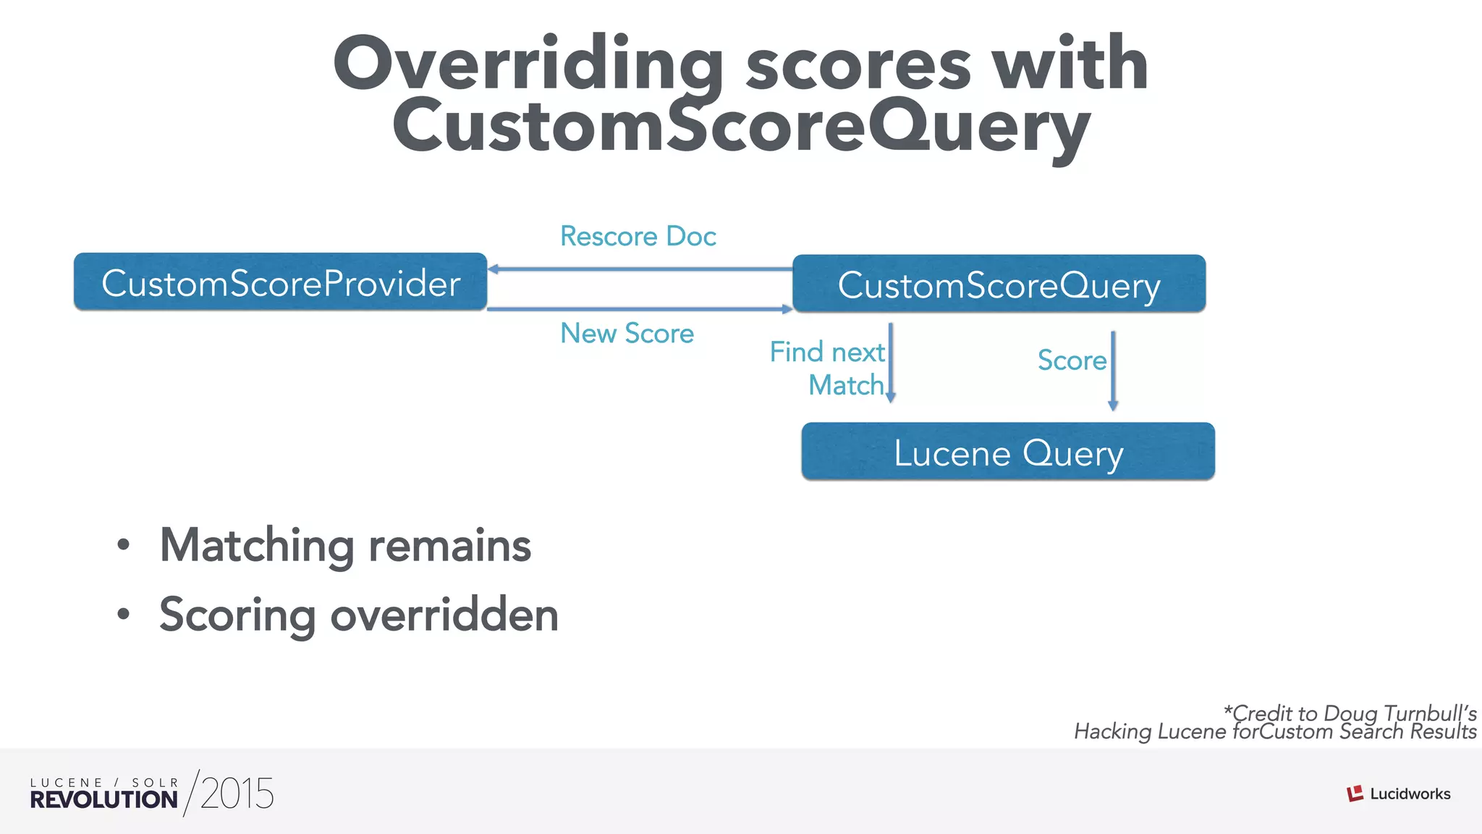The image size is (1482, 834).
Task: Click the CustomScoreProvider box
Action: point(280,282)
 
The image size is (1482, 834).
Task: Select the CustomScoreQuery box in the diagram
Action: point(999,284)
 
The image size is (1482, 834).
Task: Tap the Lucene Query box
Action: point(1008,452)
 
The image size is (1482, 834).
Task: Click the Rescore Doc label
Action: point(638,236)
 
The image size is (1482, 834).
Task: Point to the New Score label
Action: point(627,333)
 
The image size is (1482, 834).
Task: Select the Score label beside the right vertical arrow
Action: point(1072,360)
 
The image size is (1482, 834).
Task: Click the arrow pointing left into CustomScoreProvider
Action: point(640,269)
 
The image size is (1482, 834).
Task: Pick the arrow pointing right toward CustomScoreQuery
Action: point(640,309)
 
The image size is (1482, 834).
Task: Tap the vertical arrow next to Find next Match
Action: point(891,362)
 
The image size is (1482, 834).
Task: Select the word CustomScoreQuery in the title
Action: point(741,127)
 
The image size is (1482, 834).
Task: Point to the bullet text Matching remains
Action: point(345,545)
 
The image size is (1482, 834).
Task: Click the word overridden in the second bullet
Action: point(444,615)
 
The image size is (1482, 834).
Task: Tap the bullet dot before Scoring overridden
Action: point(124,615)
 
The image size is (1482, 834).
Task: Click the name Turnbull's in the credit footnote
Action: point(1430,713)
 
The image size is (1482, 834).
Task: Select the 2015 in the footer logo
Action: point(237,793)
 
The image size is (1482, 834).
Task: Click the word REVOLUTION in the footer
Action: point(103,799)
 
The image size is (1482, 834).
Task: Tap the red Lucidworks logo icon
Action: point(1355,794)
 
